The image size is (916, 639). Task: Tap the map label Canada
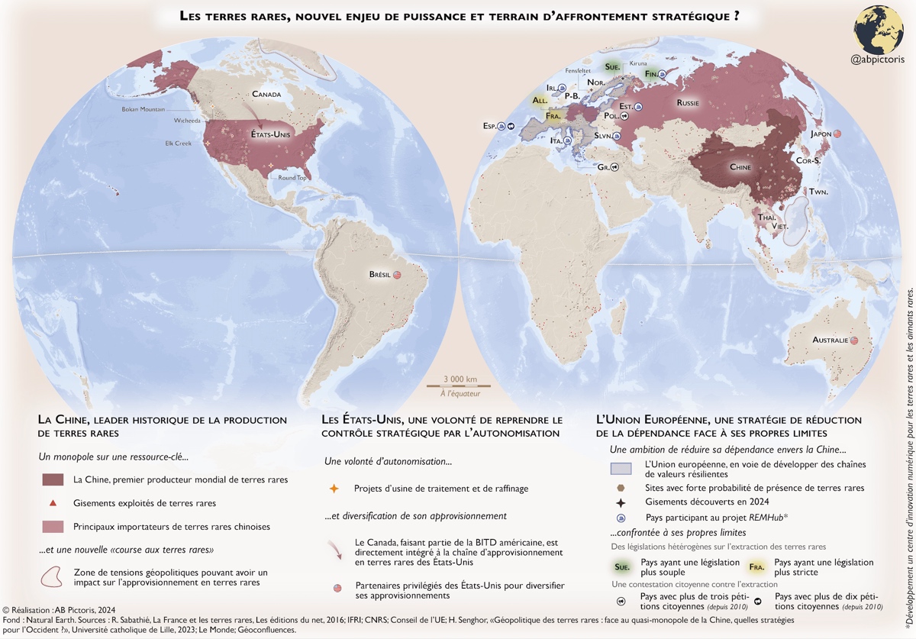coord(268,95)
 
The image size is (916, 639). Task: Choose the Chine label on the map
coord(740,167)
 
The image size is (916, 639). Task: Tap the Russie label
coord(689,102)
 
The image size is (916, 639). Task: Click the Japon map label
coord(821,134)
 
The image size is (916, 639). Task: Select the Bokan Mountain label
coord(143,109)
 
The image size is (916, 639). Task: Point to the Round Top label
coord(292,178)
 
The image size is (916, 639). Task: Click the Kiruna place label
coord(637,63)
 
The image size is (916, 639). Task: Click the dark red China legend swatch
coord(53,479)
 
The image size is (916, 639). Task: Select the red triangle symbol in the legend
coord(53,503)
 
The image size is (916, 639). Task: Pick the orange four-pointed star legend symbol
coord(334,488)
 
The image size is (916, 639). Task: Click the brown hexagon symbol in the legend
coord(621,487)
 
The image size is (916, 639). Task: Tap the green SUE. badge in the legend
coord(622,567)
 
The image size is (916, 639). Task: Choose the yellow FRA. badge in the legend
coord(756,567)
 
